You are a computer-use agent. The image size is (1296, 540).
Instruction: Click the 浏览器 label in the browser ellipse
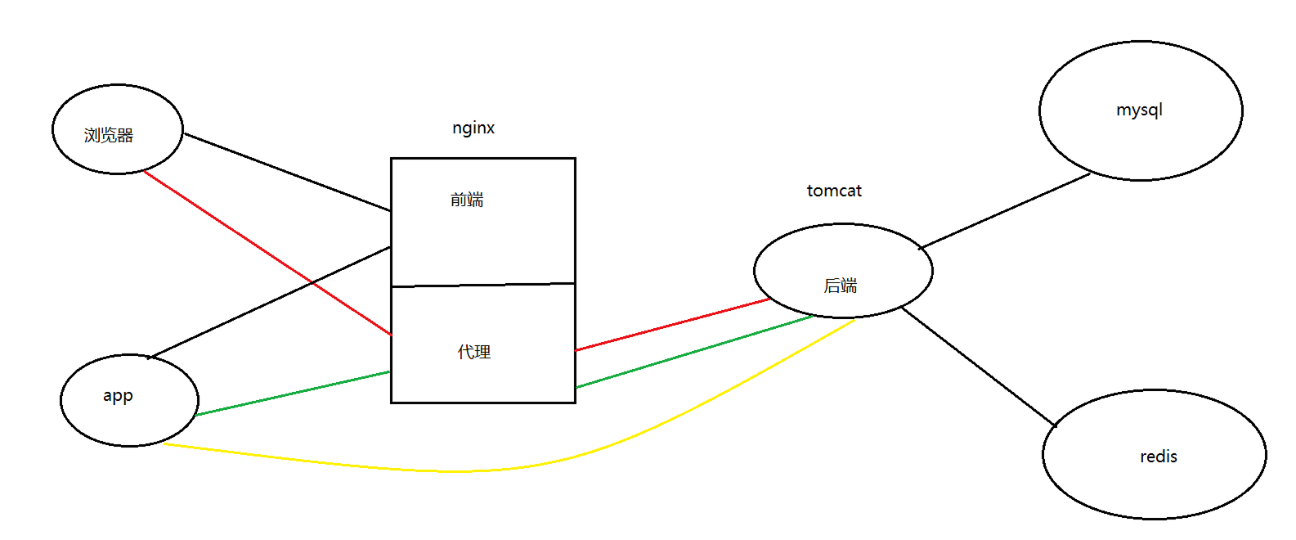[108, 135]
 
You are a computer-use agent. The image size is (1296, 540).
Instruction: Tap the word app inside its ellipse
[118, 396]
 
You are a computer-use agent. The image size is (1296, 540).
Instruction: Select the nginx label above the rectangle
[473, 128]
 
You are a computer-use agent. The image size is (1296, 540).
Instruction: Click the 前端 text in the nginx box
[467, 200]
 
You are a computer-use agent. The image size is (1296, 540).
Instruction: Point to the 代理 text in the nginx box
[474, 352]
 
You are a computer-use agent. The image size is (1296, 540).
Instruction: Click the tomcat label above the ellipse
[834, 191]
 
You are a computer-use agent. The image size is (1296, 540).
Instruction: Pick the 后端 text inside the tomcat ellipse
[841, 286]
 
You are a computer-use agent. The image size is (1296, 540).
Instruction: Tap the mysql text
[1139, 110]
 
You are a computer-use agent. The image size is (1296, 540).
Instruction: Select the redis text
[1159, 457]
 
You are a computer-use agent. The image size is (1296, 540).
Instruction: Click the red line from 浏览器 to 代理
[245, 239]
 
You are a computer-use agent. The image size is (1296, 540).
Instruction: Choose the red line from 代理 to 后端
[672, 325]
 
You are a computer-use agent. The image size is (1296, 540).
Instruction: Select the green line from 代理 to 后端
[695, 351]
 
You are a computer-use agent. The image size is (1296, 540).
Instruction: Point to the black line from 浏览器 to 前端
[286, 172]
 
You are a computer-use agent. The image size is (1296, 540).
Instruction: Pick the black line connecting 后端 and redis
[978, 367]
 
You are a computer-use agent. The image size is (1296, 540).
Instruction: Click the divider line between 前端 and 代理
[483, 285]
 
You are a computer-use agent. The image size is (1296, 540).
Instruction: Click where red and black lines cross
[312, 283]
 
